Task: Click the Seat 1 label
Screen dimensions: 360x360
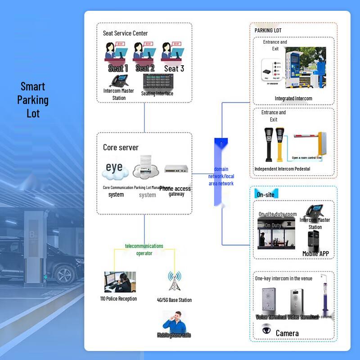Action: (118, 68)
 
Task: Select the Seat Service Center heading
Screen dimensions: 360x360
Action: (125, 33)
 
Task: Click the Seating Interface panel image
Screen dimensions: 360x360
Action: (157, 81)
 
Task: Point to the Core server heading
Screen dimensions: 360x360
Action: (121, 148)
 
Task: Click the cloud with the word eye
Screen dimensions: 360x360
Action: (115, 169)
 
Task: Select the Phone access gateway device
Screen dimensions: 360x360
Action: (176, 169)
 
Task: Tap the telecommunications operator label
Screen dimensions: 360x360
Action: (144, 250)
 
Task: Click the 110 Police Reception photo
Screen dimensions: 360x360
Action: (120, 282)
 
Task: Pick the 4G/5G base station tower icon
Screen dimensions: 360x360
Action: (174, 282)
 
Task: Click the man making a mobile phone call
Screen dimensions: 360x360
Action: (174, 320)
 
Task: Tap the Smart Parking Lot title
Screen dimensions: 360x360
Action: (33, 100)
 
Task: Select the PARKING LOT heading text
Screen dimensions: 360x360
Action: (268, 31)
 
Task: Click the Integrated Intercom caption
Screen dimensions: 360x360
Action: (293, 99)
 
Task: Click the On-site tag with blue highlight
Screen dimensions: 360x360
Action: (265, 194)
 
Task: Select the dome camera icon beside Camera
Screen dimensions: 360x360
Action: (266, 330)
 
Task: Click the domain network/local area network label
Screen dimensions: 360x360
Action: (221, 176)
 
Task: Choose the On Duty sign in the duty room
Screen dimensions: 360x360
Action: (273, 225)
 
